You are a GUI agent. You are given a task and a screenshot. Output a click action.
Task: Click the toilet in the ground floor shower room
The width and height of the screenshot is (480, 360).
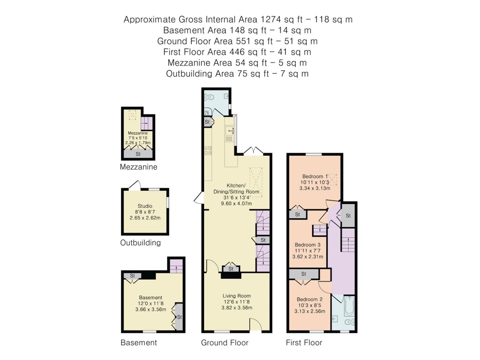[209, 97]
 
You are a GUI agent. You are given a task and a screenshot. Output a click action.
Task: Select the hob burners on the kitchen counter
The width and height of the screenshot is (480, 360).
[208, 151]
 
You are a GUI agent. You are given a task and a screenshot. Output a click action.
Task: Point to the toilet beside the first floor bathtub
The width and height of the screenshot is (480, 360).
[349, 322]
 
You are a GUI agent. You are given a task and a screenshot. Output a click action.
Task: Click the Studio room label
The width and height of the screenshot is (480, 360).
[145, 206]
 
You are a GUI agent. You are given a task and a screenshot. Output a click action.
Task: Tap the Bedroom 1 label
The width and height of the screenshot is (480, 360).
[315, 176]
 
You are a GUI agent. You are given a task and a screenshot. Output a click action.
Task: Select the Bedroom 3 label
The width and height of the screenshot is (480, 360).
[308, 244]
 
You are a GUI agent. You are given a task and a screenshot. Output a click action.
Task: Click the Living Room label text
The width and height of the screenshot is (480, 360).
[237, 296]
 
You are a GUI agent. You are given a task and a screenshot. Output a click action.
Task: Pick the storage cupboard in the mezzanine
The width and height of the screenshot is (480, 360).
[138, 154]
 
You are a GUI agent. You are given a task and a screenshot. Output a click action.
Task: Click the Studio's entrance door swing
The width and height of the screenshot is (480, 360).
[135, 185]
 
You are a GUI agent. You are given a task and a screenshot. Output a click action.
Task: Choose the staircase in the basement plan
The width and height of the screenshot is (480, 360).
[176, 266]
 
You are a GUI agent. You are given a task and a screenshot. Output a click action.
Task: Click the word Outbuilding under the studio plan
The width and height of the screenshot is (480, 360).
[141, 243]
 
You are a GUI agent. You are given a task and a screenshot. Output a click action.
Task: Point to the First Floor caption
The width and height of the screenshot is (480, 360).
[304, 343]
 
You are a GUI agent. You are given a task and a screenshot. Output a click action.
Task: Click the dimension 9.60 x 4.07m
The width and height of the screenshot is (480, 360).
[237, 204]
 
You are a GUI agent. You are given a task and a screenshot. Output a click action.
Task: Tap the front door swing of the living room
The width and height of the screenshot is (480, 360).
[255, 324]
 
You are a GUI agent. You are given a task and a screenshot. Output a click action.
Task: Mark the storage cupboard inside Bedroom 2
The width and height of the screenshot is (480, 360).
[304, 274]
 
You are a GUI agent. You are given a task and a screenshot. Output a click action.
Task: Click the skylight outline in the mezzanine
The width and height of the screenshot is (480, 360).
[133, 115]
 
